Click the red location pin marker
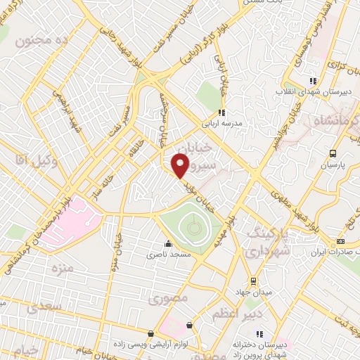(x=181, y=166)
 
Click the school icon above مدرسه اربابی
(x=221, y=112)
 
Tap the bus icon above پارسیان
(x=333, y=153)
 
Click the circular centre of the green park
(x=193, y=227)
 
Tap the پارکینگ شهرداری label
(x=268, y=242)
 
